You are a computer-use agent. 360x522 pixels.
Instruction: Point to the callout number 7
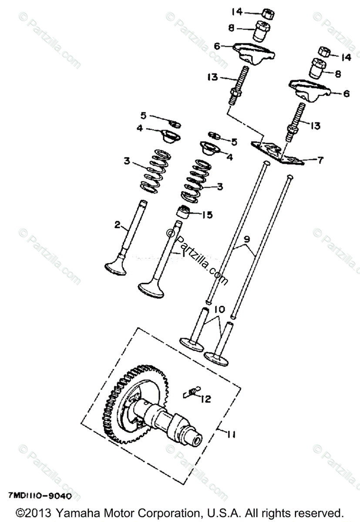[320, 160]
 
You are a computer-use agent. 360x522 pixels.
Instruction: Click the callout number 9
[246, 239]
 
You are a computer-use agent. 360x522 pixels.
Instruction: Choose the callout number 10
[219, 310]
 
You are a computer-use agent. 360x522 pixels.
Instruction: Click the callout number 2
[117, 224]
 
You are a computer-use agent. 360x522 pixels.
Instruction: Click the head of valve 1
[150, 289]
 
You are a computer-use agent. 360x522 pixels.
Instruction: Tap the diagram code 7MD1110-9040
[39, 496]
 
